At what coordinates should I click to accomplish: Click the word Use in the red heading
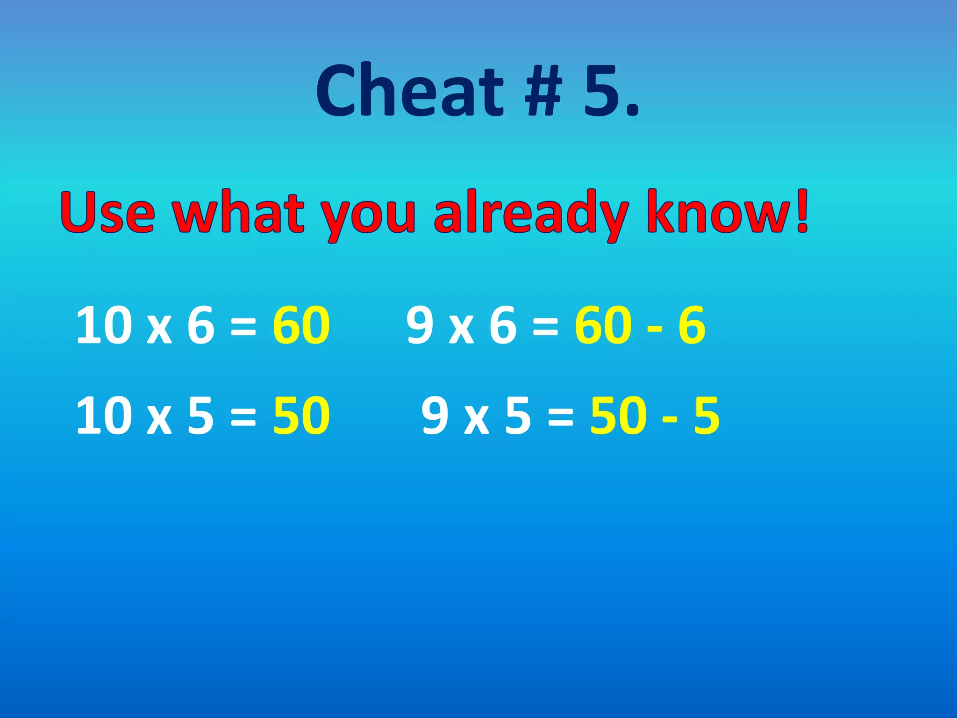click(107, 213)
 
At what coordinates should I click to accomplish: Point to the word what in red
click(239, 213)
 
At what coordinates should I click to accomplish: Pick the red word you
click(369, 217)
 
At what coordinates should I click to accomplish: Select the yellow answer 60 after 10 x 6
click(301, 325)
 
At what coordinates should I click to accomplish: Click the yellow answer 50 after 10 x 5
click(301, 416)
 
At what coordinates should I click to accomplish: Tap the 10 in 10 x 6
click(104, 325)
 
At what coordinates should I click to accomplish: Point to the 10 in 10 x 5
click(104, 416)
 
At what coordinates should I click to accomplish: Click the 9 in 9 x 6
click(420, 325)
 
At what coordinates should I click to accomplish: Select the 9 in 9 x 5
click(435, 416)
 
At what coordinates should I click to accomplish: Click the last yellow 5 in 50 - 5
click(706, 416)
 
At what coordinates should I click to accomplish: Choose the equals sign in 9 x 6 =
click(545, 326)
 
